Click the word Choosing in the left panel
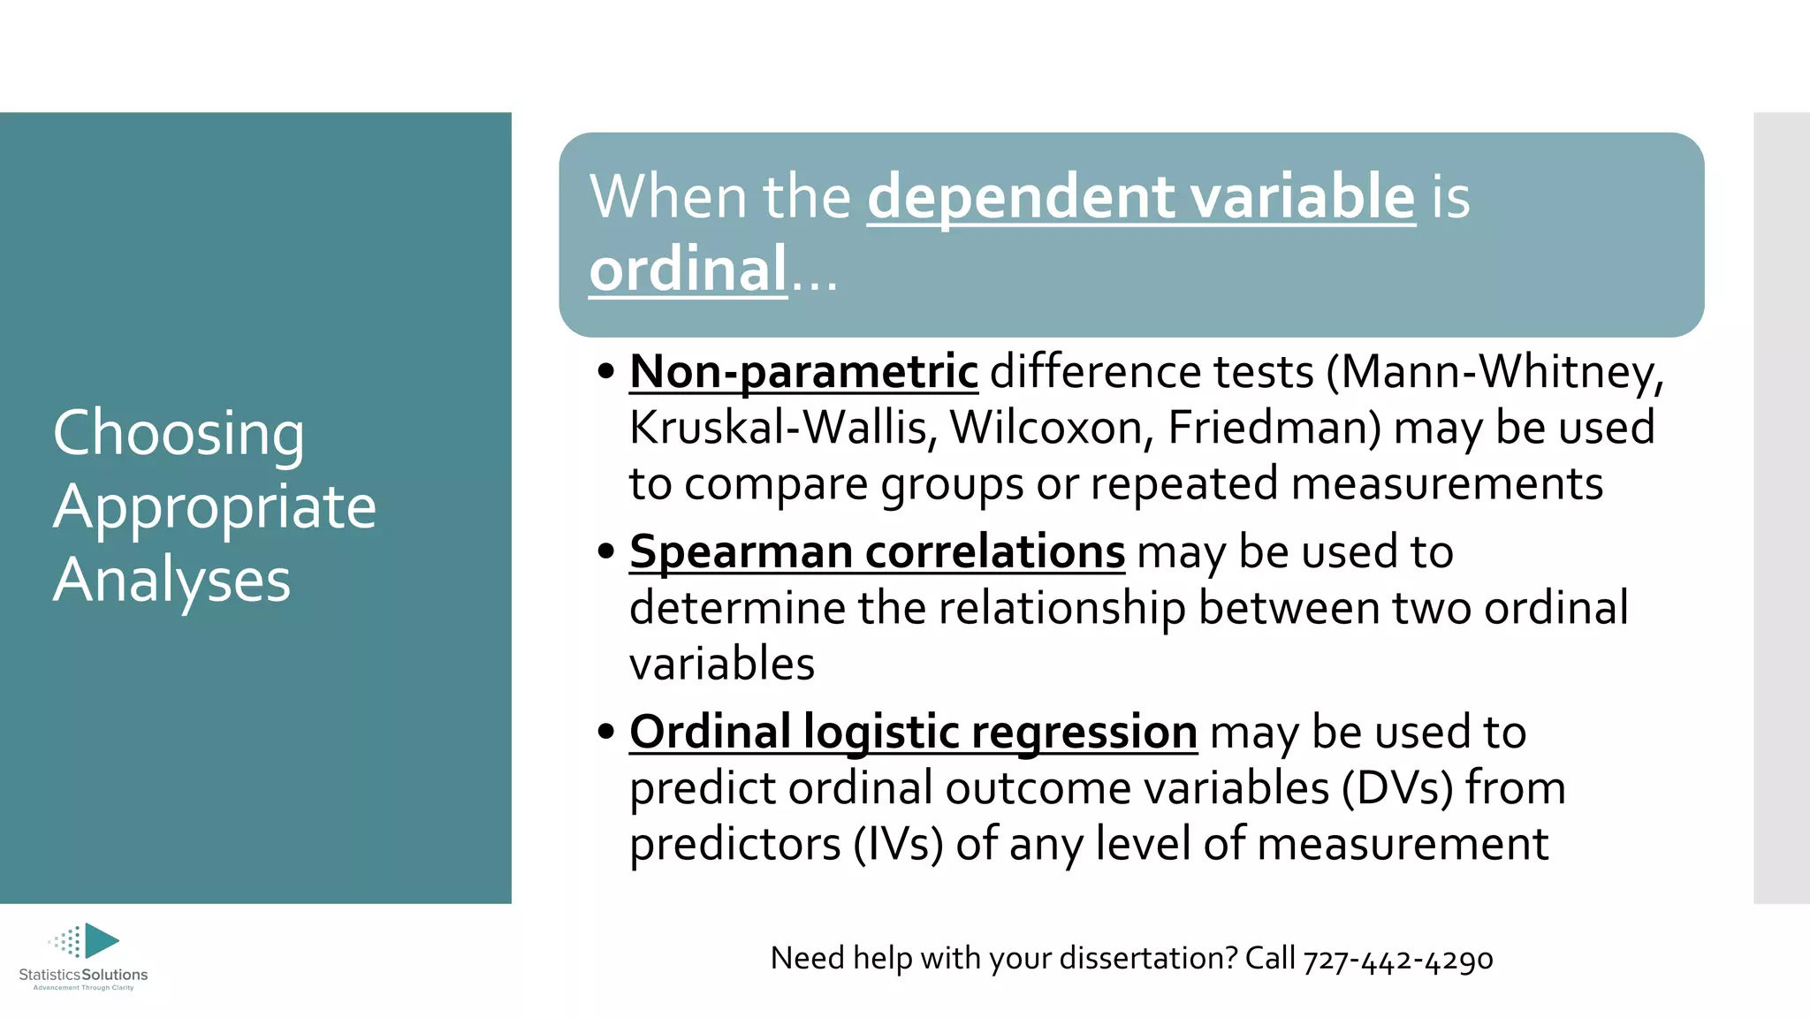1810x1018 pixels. click(x=179, y=434)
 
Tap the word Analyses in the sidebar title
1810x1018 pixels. click(x=171, y=581)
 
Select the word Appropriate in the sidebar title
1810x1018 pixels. click(x=215, y=507)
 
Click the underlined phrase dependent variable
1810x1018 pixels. click(x=1141, y=196)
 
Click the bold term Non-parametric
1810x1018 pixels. click(x=803, y=371)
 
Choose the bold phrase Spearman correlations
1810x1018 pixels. click(x=877, y=552)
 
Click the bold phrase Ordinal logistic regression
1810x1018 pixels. click(x=913, y=733)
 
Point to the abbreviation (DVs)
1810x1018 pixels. click(x=1396, y=788)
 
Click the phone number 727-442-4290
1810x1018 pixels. click(x=1397, y=960)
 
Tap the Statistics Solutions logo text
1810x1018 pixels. click(x=83, y=975)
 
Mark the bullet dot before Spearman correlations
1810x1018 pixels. click(x=605, y=552)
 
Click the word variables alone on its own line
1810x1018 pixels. click(x=721, y=665)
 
